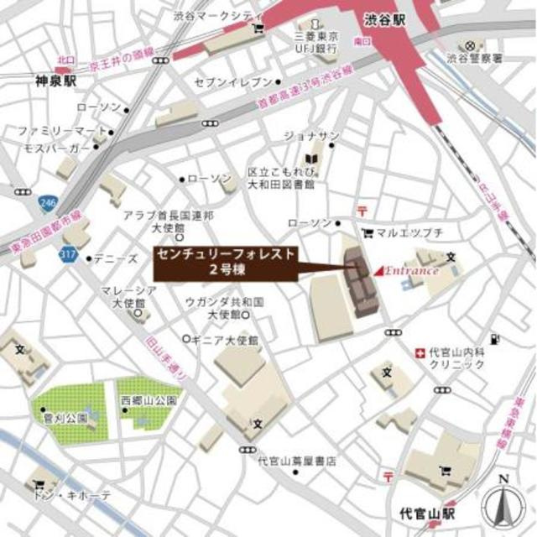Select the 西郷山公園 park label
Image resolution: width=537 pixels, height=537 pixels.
point(149,400)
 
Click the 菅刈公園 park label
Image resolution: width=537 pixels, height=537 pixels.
point(60,416)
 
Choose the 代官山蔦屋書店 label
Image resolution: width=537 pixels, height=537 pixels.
point(297,461)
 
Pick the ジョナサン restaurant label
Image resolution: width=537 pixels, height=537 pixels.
point(310,136)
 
